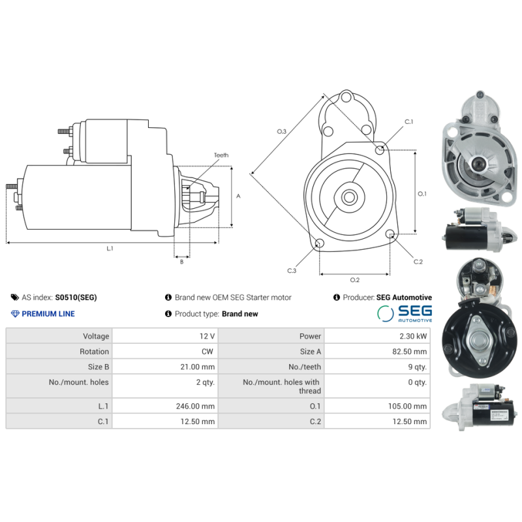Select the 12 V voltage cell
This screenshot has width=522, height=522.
click(x=207, y=336)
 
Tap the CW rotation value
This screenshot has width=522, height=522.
click(x=208, y=351)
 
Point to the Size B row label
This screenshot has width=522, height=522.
click(x=94, y=367)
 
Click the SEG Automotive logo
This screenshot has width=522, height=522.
click(x=405, y=313)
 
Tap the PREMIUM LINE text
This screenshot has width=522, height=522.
click(x=48, y=314)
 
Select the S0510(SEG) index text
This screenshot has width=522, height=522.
click(x=76, y=298)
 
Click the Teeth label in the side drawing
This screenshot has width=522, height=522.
click(x=221, y=155)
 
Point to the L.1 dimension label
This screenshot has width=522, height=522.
click(x=110, y=249)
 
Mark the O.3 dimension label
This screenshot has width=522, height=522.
click(x=282, y=132)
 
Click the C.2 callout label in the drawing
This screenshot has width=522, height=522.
click(x=418, y=262)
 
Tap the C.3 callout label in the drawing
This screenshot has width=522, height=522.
click(x=292, y=269)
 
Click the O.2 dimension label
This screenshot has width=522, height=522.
click(x=354, y=280)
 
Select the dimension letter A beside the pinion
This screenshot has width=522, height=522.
click(x=238, y=195)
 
